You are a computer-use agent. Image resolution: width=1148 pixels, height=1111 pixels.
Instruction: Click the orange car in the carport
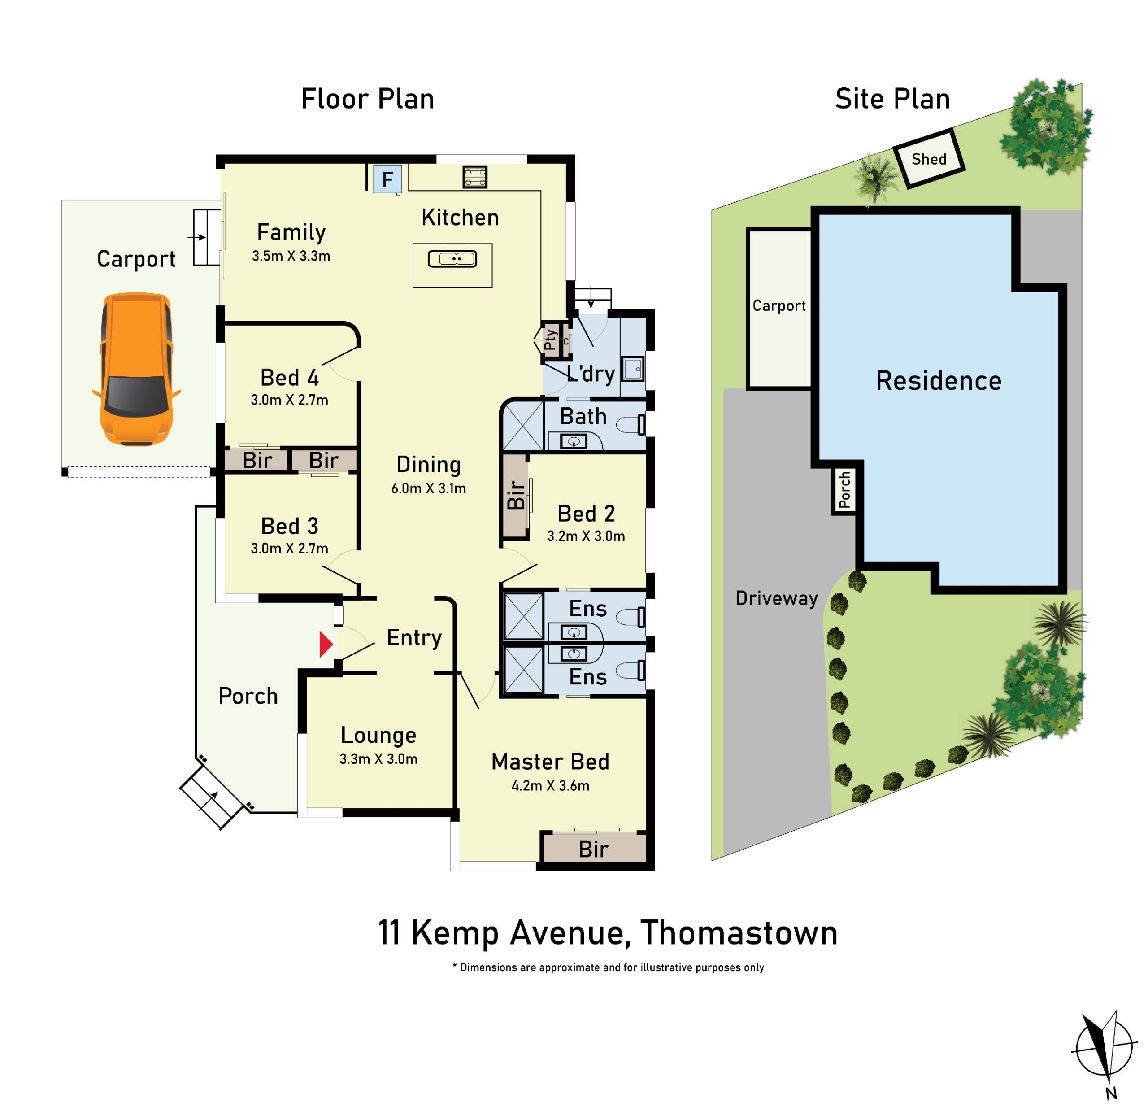click(136, 369)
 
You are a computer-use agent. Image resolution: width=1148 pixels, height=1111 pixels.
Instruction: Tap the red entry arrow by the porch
click(326, 645)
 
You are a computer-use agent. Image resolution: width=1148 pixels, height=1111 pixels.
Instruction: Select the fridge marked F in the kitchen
click(387, 178)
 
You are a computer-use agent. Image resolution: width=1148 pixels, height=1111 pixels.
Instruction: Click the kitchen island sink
click(452, 258)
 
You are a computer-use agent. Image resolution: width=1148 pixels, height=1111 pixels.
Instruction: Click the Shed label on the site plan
click(929, 159)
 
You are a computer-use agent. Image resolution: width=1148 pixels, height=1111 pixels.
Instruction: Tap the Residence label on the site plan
click(938, 381)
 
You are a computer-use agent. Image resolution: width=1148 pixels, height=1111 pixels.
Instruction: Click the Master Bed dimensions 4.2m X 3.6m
click(550, 786)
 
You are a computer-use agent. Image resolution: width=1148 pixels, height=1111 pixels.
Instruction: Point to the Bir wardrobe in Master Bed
click(593, 849)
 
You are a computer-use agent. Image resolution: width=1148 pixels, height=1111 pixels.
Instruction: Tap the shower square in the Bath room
click(523, 425)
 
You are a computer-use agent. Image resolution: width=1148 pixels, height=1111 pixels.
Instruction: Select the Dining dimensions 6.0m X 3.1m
click(428, 488)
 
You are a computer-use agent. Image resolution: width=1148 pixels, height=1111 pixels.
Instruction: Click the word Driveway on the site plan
click(776, 598)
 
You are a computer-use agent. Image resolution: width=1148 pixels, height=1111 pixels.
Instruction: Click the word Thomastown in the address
click(739, 933)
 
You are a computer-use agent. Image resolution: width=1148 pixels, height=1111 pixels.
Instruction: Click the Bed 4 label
click(289, 378)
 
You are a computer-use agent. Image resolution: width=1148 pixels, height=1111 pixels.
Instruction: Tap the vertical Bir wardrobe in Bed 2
click(515, 495)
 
